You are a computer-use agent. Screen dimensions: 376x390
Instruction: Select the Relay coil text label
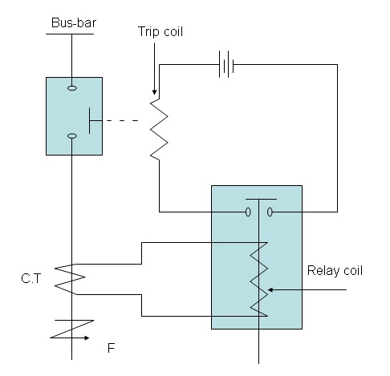(335, 270)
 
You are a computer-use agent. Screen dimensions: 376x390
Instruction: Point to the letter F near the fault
(112, 350)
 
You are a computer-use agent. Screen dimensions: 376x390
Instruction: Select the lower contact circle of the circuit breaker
(71, 136)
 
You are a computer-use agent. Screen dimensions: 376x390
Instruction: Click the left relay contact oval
(248, 212)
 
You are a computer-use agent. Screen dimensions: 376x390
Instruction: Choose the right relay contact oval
(270, 212)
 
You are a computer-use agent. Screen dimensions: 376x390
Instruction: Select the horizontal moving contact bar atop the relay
(261, 199)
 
